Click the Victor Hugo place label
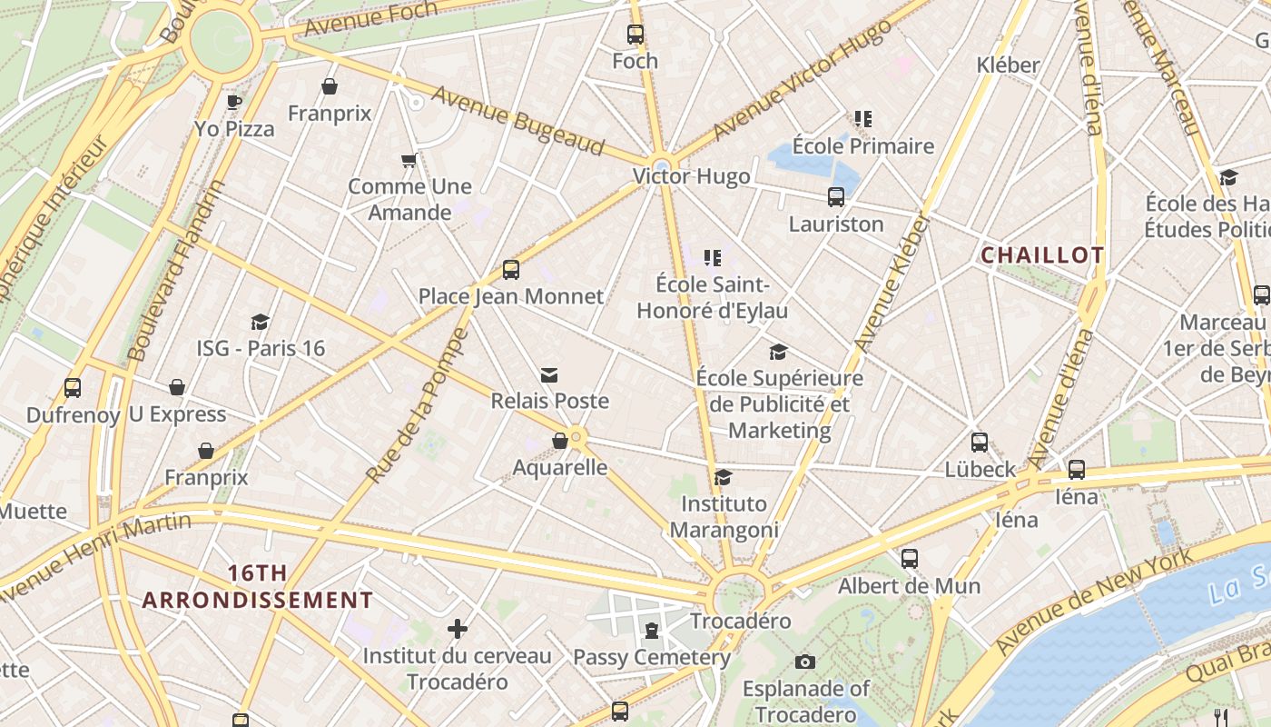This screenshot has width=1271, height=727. (692, 176)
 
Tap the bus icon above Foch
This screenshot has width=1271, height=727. (635, 35)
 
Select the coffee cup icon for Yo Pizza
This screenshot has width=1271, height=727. (234, 102)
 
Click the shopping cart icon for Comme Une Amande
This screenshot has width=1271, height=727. (409, 161)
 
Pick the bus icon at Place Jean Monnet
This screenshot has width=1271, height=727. (511, 270)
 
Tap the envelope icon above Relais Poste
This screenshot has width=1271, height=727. (549, 375)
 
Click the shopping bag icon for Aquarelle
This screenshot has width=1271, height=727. (560, 441)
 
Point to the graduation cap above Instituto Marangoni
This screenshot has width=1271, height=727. (724, 478)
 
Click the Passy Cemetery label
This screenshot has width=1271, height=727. (652, 657)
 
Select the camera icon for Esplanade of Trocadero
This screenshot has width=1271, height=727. (805, 662)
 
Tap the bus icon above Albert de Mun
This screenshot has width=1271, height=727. (910, 559)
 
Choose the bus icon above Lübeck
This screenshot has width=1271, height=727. (980, 443)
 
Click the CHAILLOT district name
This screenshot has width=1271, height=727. (1042, 255)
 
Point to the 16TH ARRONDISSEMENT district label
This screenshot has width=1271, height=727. (258, 587)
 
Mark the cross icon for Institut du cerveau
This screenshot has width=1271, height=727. (458, 629)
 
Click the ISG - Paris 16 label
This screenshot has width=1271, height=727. (261, 348)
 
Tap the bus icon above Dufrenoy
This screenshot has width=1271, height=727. (73, 388)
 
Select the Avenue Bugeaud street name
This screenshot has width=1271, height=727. (517, 121)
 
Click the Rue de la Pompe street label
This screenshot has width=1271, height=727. (419, 404)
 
